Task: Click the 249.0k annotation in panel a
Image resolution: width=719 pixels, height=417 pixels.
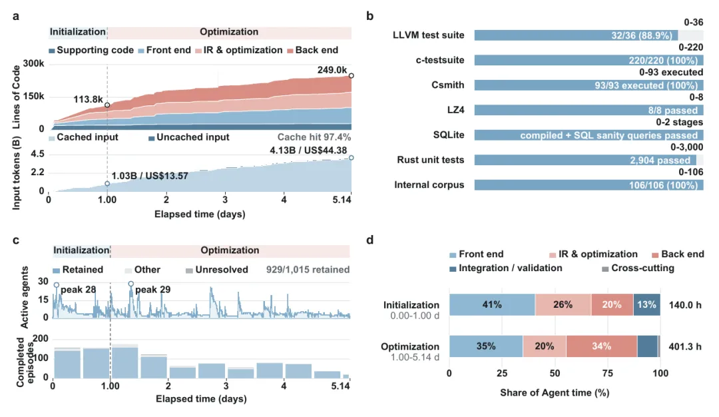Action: (332, 70)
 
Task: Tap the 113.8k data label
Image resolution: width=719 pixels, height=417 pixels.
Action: (88, 99)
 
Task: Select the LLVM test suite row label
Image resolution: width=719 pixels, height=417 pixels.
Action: (428, 35)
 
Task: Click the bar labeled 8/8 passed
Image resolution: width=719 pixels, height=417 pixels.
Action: (589, 110)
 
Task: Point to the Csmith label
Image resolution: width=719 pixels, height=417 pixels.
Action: (447, 85)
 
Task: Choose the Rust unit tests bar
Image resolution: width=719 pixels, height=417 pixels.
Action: (585, 160)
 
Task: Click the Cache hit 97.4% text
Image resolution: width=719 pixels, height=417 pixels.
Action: (314, 137)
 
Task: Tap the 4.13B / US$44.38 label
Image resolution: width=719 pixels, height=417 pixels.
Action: (308, 151)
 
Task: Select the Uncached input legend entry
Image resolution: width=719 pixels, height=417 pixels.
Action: (189, 137)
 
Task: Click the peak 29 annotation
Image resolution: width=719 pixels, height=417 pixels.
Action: (152, 290)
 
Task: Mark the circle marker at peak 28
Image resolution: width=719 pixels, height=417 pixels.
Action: (57, 285)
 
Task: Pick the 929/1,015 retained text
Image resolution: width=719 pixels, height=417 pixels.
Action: (308, 270)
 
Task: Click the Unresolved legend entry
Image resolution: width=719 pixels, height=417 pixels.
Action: (217, 270)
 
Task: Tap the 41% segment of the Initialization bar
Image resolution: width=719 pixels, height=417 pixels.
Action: (492, 304)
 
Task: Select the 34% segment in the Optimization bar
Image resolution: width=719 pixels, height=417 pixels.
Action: (602, 346)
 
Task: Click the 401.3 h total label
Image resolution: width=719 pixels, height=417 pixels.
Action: (685, 346)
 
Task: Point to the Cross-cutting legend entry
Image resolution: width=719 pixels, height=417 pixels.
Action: (638, 268)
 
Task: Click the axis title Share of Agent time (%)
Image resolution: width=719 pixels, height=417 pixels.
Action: (555, 393)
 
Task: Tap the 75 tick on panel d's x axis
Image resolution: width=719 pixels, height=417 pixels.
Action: (608, 374)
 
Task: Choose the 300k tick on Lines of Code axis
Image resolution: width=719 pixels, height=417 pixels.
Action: (33, 63)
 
